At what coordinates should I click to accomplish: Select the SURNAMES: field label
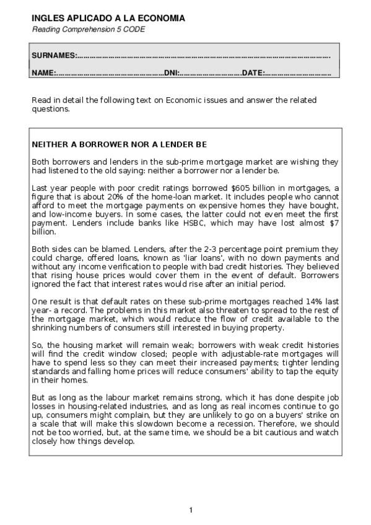[54, 56]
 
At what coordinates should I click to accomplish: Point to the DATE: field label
[253, 73]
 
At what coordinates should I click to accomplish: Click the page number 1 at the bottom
[191, 510]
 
